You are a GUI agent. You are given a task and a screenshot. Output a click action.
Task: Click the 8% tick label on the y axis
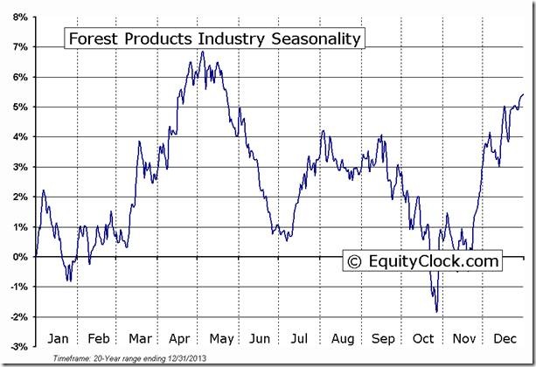coord(19,17)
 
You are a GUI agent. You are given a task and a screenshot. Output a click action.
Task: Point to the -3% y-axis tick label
coord(18,347)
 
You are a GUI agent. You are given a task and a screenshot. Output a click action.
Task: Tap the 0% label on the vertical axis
coord(19,257)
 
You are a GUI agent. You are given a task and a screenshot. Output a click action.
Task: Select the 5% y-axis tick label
coord(19,107)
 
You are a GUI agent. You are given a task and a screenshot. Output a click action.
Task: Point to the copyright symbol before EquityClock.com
coord(354,260)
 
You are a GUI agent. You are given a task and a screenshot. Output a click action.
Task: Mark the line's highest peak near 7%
coord(202,52)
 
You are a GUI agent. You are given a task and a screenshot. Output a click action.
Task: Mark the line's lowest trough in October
coord(436,311)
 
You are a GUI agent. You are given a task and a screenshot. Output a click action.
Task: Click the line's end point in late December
coord(523,94)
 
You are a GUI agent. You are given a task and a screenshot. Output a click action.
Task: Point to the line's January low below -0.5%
coord(68,280)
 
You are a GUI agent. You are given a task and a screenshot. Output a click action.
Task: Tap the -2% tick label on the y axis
coord(18,317)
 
